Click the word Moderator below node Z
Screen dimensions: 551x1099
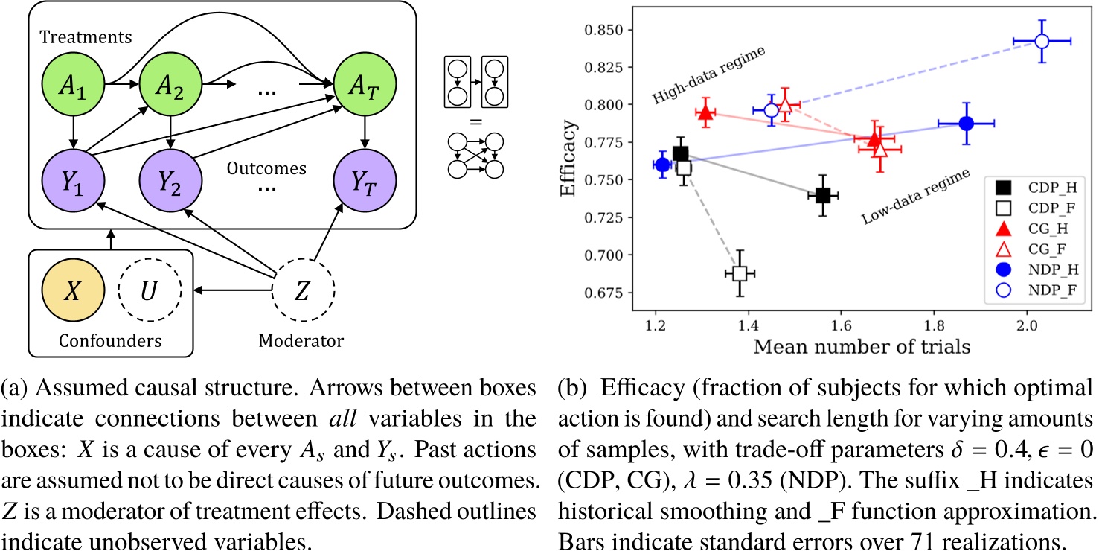click(x=301, y=341)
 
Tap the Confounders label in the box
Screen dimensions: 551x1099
click(x=109, y=341)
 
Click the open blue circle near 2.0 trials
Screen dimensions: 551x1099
click(x=1042, y=41)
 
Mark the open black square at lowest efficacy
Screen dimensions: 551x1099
click(x=739, y=273)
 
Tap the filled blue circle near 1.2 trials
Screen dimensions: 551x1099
click(x=662, y=165)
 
